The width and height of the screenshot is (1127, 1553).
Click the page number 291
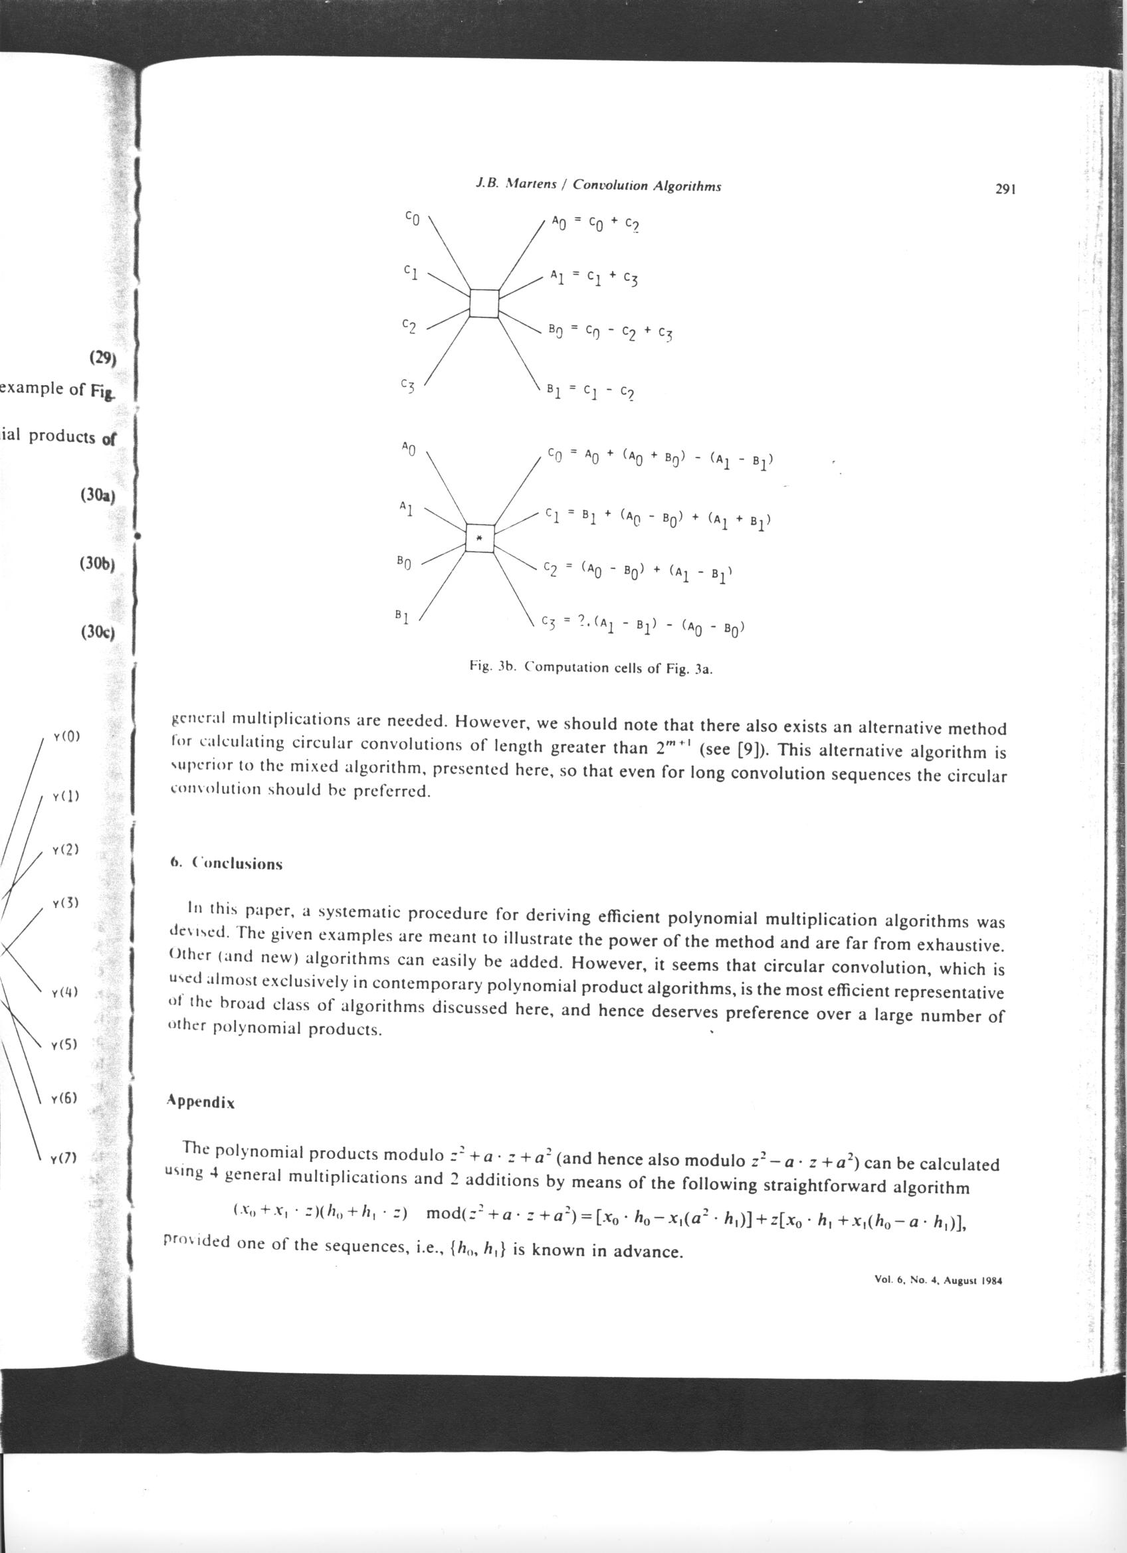[1003, 190]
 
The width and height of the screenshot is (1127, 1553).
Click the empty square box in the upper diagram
[484, 303]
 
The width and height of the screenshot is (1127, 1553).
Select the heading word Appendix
[201, 1103]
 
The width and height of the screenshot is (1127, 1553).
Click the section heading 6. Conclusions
[226, 863]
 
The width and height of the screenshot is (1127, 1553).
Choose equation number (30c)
[97, 632]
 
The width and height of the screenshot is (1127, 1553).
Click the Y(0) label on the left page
[66, 738]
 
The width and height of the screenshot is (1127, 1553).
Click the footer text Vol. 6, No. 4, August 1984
[938, 1281]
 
